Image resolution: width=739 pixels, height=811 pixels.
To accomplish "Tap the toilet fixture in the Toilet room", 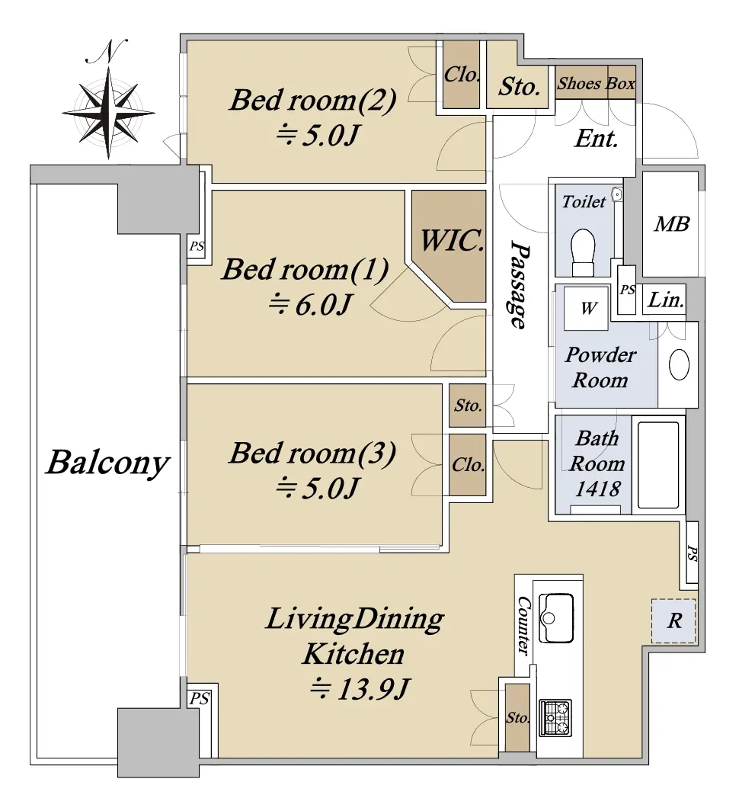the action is coord(584,253).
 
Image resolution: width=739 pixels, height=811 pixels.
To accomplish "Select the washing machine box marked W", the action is coord(587,308).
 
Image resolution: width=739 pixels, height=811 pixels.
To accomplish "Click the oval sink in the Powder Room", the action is coord(679,365).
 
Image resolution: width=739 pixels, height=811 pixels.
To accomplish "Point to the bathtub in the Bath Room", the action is coord(657,465).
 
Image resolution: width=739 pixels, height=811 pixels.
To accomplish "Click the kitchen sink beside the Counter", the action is coord(556,617).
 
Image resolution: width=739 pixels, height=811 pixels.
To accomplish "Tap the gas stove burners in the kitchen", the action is coord(555,717).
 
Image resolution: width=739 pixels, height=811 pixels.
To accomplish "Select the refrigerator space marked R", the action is coord(673,620).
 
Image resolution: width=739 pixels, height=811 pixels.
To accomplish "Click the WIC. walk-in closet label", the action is coord(452,241).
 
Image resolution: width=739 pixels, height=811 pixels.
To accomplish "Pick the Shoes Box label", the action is coord(596,83).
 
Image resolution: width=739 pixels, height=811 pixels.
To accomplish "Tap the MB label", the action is coord(672,224).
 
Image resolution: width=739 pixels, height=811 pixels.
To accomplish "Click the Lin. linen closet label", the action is coord(666,300).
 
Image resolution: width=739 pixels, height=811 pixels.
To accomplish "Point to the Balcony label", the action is coord(107,463).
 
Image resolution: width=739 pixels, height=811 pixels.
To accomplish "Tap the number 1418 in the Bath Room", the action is coord(598,489).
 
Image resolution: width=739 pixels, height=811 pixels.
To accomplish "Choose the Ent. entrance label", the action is coord(597,139).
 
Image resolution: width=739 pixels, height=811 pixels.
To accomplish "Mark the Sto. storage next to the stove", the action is coord(517,717).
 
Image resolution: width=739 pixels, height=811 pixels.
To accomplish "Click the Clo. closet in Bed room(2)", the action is coord(462,75).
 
